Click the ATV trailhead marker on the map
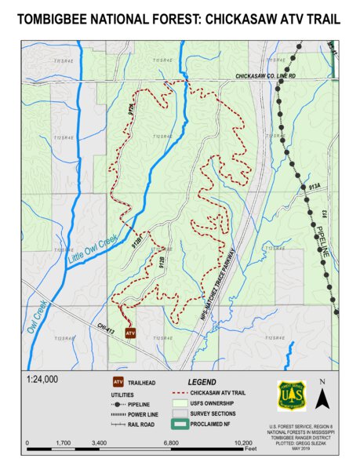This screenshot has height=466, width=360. click(130, 333)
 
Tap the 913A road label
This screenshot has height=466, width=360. click(315, 188)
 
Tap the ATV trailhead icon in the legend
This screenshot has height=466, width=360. click(118, 382)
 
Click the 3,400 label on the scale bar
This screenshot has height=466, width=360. click(99, 443)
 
